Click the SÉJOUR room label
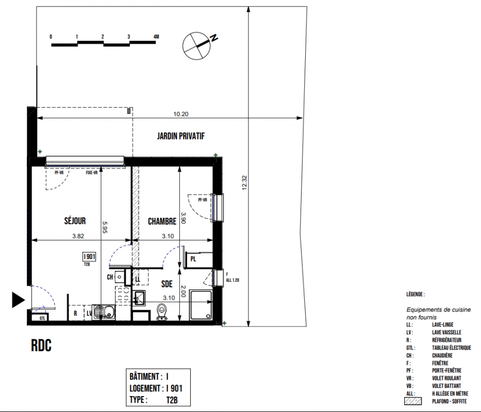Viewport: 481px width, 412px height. (75, 221)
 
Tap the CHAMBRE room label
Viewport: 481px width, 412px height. (162, 221)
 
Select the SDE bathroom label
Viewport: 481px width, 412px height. (167, 284)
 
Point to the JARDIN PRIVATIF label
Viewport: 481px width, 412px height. (180, 136)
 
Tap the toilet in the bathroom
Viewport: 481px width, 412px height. (161, 312)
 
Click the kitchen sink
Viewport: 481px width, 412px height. (104, 313)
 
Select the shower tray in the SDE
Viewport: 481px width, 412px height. (201, 305)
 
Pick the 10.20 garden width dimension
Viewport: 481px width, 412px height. (180, 114)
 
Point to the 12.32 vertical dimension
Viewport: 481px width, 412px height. (244, 183)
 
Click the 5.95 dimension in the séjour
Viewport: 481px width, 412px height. (104, 228)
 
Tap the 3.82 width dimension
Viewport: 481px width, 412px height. (78, 236)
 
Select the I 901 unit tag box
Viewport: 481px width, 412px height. (89, 256)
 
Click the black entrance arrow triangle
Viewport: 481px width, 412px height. (19, 300)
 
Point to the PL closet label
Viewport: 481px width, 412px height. (193, 259)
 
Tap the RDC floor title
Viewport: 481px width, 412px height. (41, 346)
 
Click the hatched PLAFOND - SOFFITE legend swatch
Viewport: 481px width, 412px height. (413, 401)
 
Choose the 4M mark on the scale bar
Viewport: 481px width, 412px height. (156, 37)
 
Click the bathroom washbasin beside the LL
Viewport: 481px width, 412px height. (139, 298)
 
